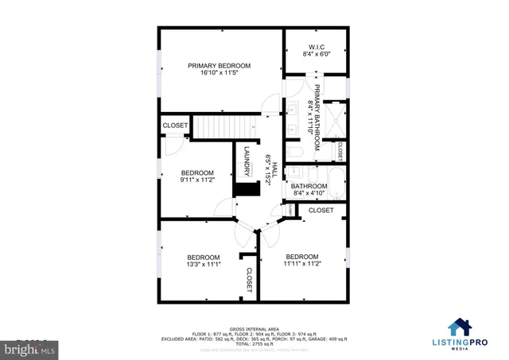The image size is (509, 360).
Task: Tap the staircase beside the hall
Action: [x=223, y=126]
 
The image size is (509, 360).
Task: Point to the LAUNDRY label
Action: [x=247, y=162]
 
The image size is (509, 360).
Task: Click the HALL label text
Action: [x=271, y=169]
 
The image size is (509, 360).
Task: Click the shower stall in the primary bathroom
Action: [x=338, y=113]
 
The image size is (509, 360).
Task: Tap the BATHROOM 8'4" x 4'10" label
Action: [x=309, y=190]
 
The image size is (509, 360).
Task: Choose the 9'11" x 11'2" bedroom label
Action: [x=197, y=176]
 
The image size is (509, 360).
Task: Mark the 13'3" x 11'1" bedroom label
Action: [x=204, y=261]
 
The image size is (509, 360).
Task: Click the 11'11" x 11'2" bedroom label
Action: [x=302, y=260]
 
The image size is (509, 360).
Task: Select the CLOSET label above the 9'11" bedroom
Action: [x=175, y=126]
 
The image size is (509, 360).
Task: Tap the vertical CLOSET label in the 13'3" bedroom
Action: [x=249, y=281]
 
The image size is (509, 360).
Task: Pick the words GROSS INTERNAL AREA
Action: [x=254, y=327]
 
